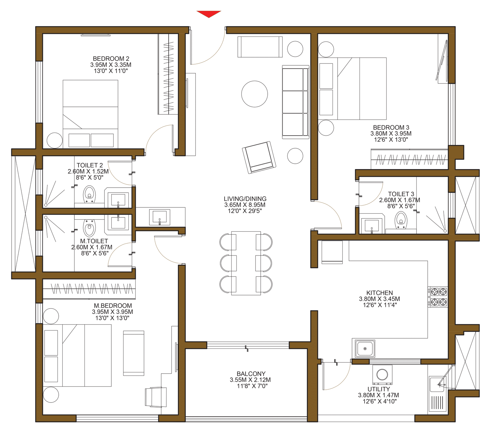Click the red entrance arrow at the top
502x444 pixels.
[x=209, y=14]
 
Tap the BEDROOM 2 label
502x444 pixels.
[x=111, y=59]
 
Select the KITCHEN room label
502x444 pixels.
[x=379, y=293]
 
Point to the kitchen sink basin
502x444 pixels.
[x=365, y=348]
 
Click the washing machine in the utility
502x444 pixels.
[x=382, y=375]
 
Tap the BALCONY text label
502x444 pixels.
[x=251, y=374]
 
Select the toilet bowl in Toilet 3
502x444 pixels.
[x=401, y=219]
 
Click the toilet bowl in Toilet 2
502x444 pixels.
[x=89, y=194]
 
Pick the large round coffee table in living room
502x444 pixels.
[x=254, y=94]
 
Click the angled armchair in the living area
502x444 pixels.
[x=259, y=157]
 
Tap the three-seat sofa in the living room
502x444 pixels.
[x=295, y=102]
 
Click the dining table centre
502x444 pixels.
[x=246, y=263]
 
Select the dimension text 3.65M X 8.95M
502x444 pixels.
[x=245, y=205]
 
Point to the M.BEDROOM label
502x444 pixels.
[x=113, y=306]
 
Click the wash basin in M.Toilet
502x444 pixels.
[x=118, y=222]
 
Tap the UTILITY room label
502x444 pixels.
[x=379, y=389]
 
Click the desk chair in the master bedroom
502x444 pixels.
[x=156, y=397]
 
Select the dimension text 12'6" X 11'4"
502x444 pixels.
[x=380, y=305]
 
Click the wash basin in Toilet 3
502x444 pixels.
[x=371, y=226]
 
